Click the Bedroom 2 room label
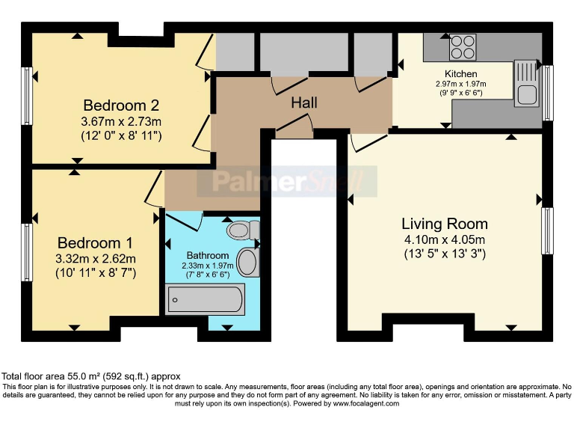click(x=120, y=105)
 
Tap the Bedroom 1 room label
click(x=95, y=243)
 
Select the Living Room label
click(x=445, y=224)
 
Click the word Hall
click(x=305, y=103)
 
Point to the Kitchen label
click(x=460, y=74)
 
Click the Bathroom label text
click(x=208, y=256)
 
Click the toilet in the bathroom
click(x=244, y=230)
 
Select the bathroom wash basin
click(x=247, y=263)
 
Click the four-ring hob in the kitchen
click(x=463, y=48)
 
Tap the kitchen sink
click(x=526, y=94)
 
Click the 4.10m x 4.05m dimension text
click(x=445, y=239)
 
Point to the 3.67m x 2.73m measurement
click(x=121, y=121)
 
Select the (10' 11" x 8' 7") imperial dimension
click(x=95, y=273)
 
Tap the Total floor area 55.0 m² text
click(x=91, y=376)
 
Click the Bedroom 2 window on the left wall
click(x=28, y=97)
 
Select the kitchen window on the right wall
click(x=548, y=93)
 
